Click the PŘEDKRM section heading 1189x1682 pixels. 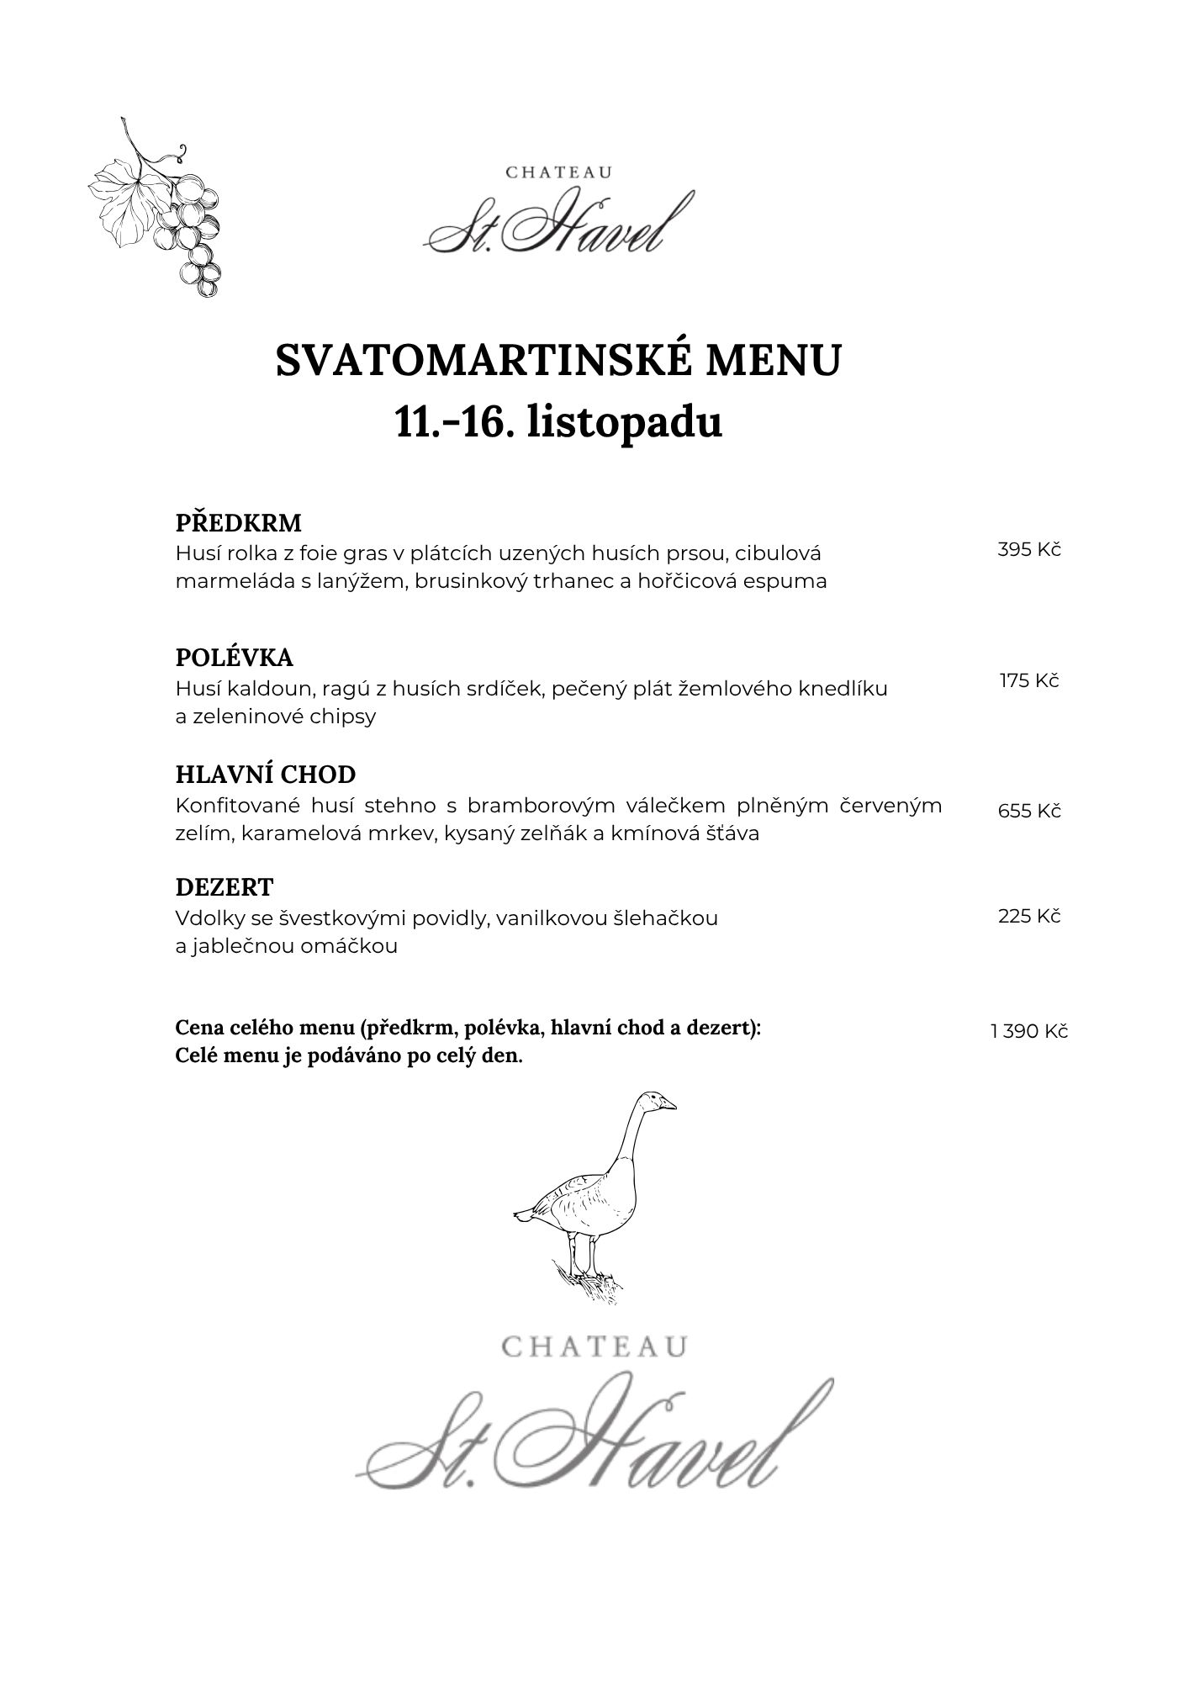tap(238, 523)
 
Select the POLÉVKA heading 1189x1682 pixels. tap(234, 657)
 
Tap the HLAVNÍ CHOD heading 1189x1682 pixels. tap(265, 775)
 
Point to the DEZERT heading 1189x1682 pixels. tap(225, 887)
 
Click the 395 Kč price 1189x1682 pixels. tap(1029, 550)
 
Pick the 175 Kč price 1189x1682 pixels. tap(1029, 681)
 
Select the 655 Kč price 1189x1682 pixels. tap(1029, 812)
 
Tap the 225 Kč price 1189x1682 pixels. tap(1029, 917)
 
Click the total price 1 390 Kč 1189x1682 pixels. tap(1029, 1032)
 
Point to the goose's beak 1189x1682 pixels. tap(669, 1105)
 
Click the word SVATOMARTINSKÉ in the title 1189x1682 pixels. tap(483, 361)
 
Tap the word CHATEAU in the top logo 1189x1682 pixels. tap(558, 172)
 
